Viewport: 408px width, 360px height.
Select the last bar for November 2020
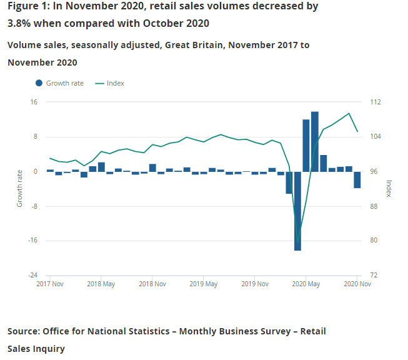[357, 179]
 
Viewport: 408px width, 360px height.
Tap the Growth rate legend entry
[60, 83]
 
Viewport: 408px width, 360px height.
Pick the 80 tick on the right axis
[373, 241]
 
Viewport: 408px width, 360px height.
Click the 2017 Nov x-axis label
[50, 284]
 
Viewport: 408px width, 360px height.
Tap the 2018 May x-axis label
[101, 284]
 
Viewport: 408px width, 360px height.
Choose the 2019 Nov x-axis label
[254, 284]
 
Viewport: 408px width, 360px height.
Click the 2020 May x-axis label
[306, 284]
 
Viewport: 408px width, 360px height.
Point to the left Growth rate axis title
[19, 188]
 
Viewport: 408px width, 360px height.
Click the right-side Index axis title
[389, 188]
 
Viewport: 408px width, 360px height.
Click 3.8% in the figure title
[19, 23]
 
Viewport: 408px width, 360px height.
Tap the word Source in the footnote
[24, 331]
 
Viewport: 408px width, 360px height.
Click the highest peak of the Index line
[349, 113]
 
